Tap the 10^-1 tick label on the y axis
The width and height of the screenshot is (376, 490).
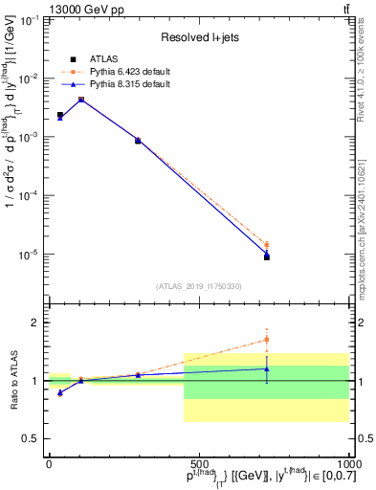(29, 20)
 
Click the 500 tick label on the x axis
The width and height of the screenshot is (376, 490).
(198, 463)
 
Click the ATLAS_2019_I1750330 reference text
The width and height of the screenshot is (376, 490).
(199, 285)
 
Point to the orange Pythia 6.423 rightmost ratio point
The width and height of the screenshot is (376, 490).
(267, 339)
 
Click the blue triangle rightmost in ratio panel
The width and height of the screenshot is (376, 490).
(267, 368)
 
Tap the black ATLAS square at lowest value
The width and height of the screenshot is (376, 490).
(267, 257)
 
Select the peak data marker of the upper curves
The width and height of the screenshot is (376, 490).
(81, 100)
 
